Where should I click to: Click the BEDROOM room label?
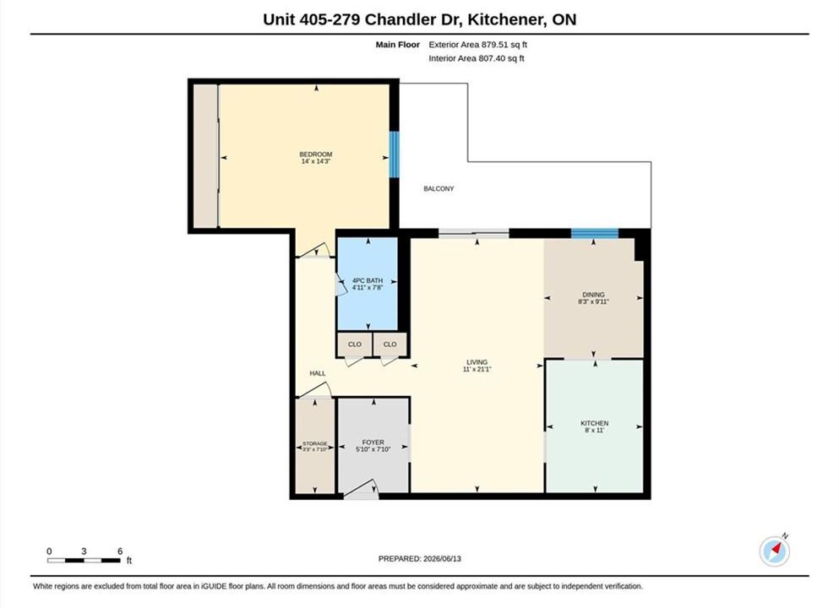[x=316, y=154]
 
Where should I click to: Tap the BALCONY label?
[x=439, y=189]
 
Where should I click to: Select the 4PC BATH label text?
[x=368, y=280]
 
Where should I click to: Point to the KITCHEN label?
[x=595, y=423]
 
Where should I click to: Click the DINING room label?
[x=593, y=295]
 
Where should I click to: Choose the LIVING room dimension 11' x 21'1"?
[x=477, y=369]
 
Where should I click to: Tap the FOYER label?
[x=373, y=442]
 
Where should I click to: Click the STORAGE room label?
[x=314, y=444]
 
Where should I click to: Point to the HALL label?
[x=318, y=373]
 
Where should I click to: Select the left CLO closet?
[x=354, y=345]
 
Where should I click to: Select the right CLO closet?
[x=390, y=345]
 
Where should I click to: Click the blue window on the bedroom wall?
[x=394, y=155]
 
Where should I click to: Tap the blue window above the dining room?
[x=595, y=233]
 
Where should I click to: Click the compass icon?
[x=774, y=551]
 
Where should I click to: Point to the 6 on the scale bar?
[x=120, y=551]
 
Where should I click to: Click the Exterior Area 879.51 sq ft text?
[x=478, y=45]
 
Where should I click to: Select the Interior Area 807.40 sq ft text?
[x=477, y=58]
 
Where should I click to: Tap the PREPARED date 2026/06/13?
[x=442, y=559]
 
